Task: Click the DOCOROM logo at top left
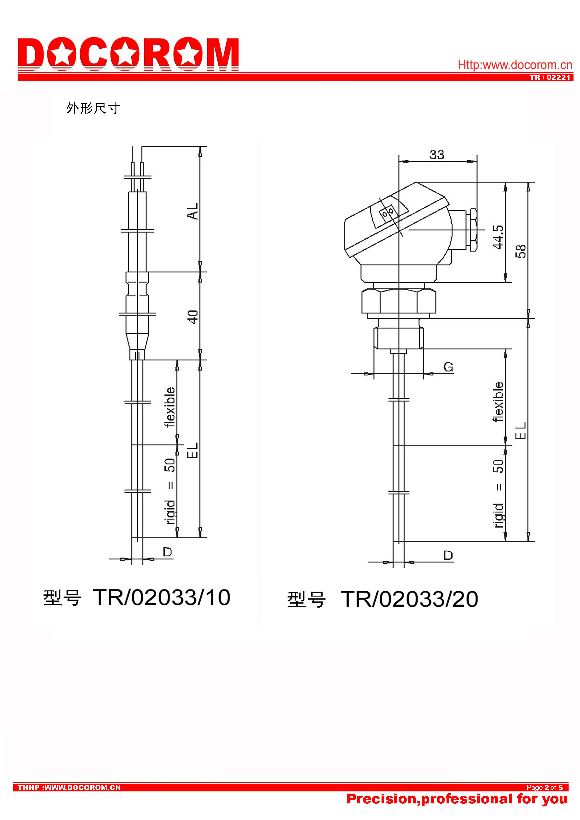coord(128,54)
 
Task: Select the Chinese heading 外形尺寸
coord(93,108)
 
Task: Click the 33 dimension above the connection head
coord(436,155)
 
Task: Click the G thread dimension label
coord(448,367)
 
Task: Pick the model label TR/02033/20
coord(409,599)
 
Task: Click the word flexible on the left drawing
coord(170,407)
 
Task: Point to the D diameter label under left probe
coord(167,552)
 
